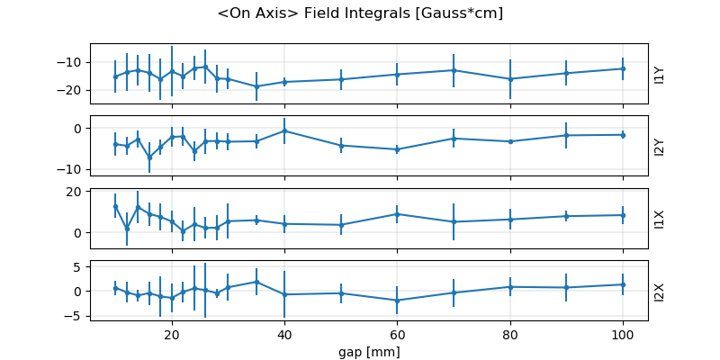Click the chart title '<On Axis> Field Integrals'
click(x=360, y=13)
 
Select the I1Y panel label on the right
click(x=659, y=74)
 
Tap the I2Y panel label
click(x=659, y=146)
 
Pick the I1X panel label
click(x=659, y=218)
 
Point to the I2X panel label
click(x=659, y=291)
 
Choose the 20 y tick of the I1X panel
click(x=77, y=192)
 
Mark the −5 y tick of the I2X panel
click(x=77, y=316)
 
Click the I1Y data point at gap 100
click(x=622, y=68)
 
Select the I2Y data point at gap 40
click(x=284, y=130)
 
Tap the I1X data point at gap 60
click(x=397, y=214)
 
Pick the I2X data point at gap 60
click(x=397, y=301)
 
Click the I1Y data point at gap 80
click(x=509, y=79)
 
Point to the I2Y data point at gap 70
click(x=454, y=139)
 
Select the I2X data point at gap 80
click(x=509, y=287)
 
